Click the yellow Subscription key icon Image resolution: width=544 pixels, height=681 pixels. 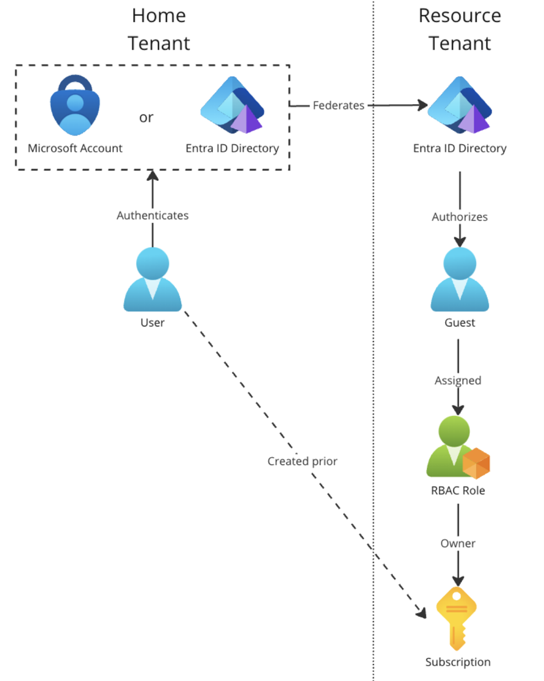[456, 618]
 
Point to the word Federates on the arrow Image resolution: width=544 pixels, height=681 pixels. [338, 105]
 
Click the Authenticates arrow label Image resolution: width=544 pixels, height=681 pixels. [152, 215]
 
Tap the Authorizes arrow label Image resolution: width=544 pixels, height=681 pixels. [459, 217]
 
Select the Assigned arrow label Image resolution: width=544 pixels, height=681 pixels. [458, 380]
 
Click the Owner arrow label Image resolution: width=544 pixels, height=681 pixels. [458, 543]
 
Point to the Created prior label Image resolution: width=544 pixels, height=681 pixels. [302, 461]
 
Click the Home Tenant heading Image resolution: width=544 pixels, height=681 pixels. [159, 29]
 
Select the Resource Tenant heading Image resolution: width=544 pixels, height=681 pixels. [460, 29]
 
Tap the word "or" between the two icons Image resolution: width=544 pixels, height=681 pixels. [146, 117]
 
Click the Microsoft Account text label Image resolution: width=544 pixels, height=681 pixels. [75, 148]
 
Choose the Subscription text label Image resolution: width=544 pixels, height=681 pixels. [458, 662]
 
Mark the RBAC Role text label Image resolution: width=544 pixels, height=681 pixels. [458, 490]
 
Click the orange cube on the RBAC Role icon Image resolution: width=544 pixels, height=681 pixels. [476, 463]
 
